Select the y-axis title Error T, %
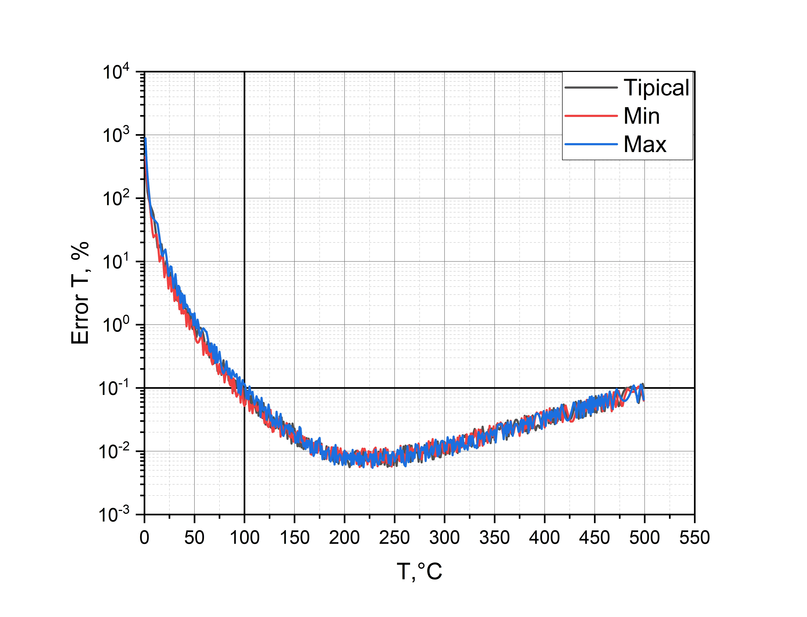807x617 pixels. [x=80, y=293]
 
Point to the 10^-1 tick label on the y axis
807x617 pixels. [x=114, y=388]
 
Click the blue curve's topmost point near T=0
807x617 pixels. [x=146, y=138]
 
